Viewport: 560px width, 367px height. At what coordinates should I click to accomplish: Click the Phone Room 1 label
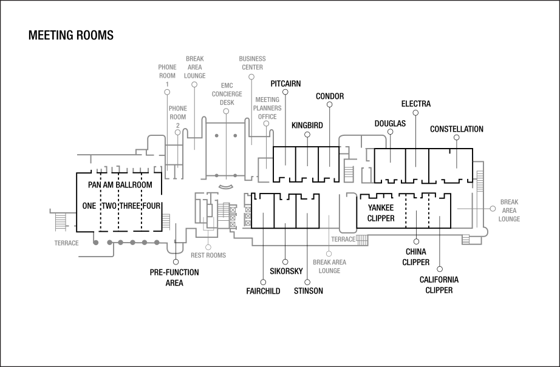click(x=167, y=75)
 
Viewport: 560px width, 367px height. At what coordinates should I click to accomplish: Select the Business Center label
click(x=252, y=63)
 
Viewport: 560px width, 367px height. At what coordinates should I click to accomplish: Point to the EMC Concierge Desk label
click(x=227, y=94)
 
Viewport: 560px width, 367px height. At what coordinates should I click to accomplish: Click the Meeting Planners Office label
click(x=267, y=108)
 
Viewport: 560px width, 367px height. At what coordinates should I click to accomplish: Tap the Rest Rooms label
click(x=208, y=255)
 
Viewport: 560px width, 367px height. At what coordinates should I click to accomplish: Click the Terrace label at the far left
click(x=66, y=243)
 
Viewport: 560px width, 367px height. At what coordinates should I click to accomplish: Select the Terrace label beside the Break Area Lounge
click(x=343, y=240)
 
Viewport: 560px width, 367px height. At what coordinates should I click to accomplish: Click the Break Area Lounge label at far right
click(x=509, y=210)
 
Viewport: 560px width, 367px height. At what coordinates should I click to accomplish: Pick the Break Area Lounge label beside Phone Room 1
click(x=194, y=67)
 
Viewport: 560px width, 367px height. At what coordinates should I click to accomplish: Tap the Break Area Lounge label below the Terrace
click(x=329, y=267)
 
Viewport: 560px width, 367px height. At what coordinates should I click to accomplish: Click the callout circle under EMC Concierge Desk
click(x=226, y=112)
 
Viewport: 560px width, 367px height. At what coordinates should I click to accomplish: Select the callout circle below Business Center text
click(x=251, y=78)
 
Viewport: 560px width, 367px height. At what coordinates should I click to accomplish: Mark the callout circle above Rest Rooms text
click(x=208, y=247)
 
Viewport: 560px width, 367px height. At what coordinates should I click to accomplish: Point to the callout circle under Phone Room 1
click(x=167, y=92)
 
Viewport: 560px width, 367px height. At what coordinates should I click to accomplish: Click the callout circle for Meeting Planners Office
click(x=266, y=124)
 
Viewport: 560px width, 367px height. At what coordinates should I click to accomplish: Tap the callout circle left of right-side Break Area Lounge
click(x=493, y=208)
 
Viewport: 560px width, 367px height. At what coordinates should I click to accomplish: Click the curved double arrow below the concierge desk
click(x=225, y=186)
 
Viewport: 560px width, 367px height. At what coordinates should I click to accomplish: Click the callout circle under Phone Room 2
click(x=178, y=133)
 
